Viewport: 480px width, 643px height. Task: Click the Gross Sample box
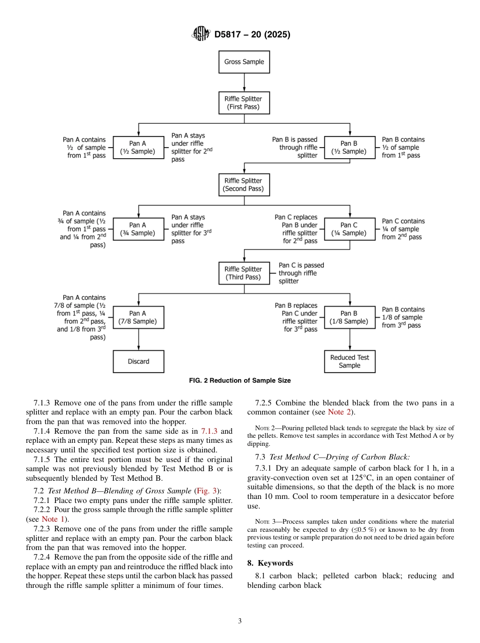coord(244,62)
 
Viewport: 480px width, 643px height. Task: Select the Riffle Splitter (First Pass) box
coord(244,103)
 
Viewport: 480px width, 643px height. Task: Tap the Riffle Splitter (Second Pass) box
coord(244,185)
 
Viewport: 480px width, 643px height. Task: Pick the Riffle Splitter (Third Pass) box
coord(244,273)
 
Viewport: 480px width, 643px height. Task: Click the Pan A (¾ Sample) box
coord(138,229)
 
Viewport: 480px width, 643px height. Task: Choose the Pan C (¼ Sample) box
coord(349,229)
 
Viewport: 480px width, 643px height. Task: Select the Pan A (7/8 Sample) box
coord(138,317)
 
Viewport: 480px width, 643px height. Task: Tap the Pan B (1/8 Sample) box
coord(349,317)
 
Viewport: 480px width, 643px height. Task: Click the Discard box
coord(138,361)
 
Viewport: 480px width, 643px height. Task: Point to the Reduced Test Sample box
coord(349,361)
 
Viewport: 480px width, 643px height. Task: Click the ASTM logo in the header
coord(201,34)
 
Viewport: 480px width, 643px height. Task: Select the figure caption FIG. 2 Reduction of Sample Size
coord(240,381)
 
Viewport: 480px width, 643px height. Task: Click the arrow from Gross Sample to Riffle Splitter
coord(244,82)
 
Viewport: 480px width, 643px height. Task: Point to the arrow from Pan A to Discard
coord(138,340)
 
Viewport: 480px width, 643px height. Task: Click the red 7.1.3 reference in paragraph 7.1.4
coord(211,431)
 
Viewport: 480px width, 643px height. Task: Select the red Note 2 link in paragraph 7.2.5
coord(340,412)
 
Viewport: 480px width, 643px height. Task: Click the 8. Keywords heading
coord(270,563)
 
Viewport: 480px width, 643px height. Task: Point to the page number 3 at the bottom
coord(240,621)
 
